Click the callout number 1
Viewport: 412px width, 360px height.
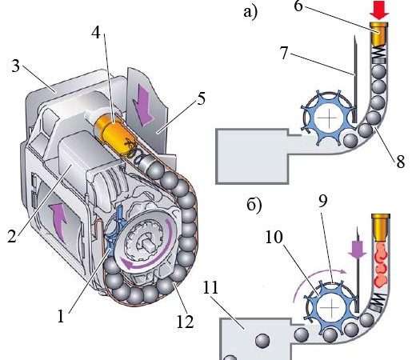pos(61,317)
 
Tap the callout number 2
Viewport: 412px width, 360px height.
pos(12,236)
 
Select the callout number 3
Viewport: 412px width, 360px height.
pos(15,66)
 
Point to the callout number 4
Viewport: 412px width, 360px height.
pos(96,33)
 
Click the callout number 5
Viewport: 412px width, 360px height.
pos(202,98)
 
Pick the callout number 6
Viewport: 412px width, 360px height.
pos(298,6)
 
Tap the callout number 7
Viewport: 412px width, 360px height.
pos(284,53)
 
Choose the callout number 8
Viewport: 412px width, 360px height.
pos(401,161)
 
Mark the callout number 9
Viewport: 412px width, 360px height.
pos(323,201)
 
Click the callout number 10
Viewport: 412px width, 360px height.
pos(274,237)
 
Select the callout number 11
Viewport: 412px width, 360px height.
pos(210,287)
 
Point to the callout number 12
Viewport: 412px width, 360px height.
pos(185,322)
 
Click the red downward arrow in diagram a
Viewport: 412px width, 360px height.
pos(379,10)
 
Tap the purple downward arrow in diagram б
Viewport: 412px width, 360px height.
pos(358,250)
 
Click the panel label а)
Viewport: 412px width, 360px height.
pos(250,12)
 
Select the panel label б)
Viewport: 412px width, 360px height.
pos(254,205)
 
